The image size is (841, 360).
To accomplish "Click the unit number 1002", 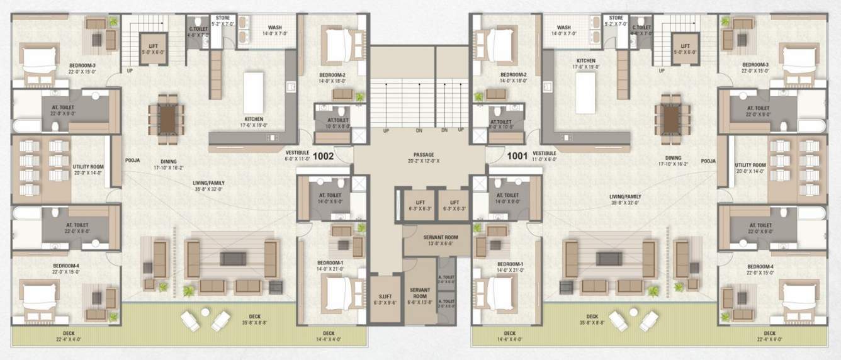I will pos(323,155).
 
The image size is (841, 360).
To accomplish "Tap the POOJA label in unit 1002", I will pos(132,160).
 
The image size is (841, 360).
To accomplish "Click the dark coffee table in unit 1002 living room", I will pos(232,258).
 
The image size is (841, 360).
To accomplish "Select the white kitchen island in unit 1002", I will pos(253,92).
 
